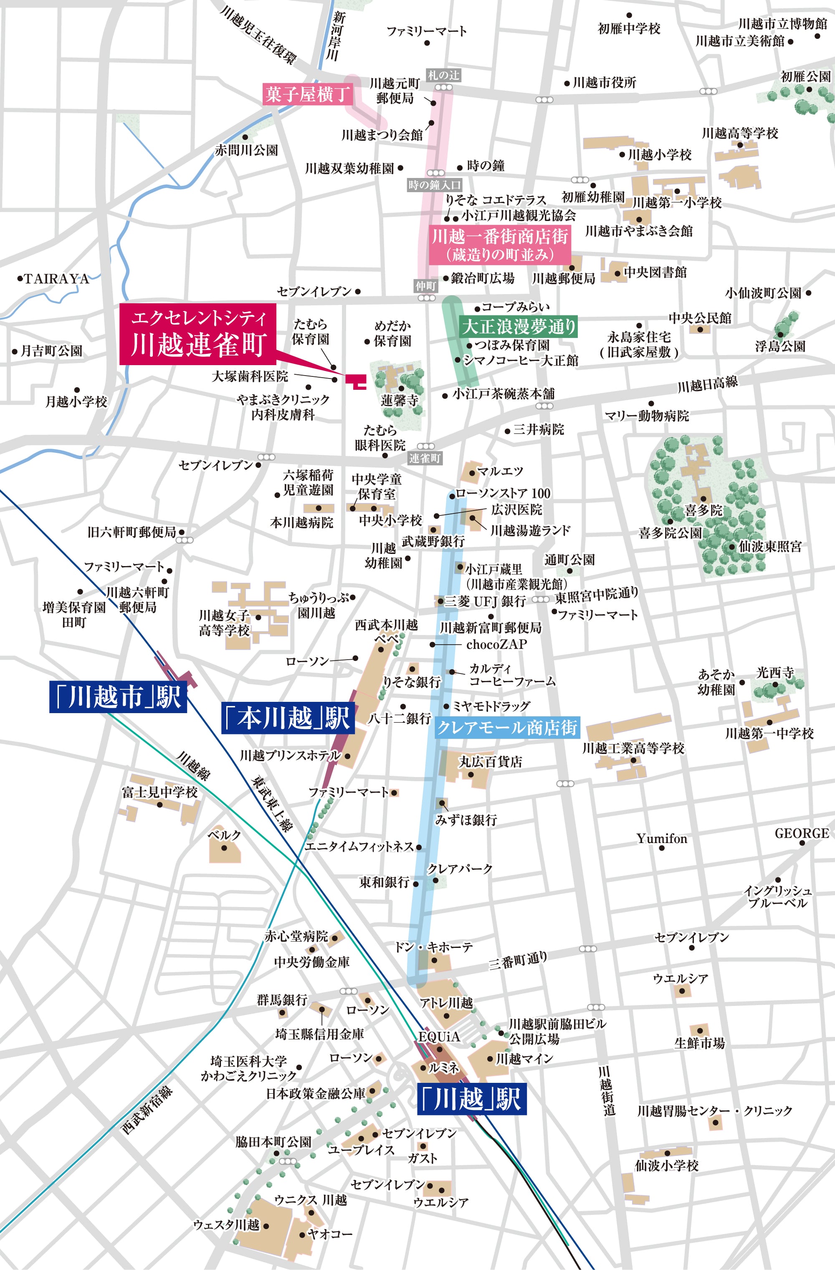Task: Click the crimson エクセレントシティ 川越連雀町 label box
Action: click(x=197, y=334)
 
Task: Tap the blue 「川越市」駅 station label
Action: click(x=118, y=697)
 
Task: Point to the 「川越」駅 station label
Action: click(x=471, y=1099)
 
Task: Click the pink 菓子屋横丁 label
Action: click(x=308, y=94)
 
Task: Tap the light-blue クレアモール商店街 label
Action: click(x=507, y=727)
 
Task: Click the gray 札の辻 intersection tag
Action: click(x=443, y=75)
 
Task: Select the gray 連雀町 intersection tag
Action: click(x=425, y=458)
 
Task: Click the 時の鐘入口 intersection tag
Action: click(x=434, y=185)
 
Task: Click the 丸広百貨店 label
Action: click(x=491, y=762)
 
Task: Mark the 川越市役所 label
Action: click(x=604, y=83)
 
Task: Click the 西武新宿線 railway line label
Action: click(x=147, y=1110)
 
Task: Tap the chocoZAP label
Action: click(x=496, y=645)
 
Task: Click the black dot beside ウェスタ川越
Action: click(x=266, y=1226)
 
